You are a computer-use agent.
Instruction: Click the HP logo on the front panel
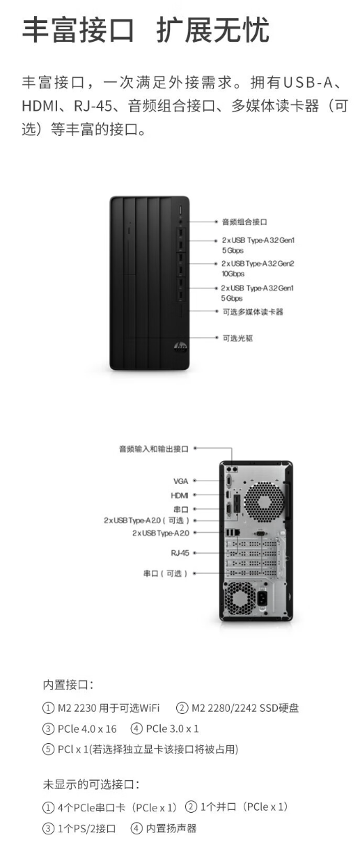click(180, 347)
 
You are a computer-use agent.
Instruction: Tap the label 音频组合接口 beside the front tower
click(244, 221)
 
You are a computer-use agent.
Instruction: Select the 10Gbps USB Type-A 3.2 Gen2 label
click(258, 268)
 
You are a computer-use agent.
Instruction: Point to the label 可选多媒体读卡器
click(253, 312)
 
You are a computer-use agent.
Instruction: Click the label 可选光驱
click(237, 338)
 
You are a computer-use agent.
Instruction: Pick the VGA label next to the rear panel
click(181, 481)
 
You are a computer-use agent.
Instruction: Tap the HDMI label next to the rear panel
click(180, 495)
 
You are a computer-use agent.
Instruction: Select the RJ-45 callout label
click(180, 552)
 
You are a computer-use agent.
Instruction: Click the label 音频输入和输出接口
click(154, 449)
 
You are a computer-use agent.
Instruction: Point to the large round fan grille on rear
click(264, 501)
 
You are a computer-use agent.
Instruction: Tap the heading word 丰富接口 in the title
click(78, 30)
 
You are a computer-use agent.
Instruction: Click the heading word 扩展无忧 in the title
click(213, 30)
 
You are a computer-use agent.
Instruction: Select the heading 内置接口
click(68, 685)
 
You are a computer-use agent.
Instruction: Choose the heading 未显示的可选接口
click(91, 784)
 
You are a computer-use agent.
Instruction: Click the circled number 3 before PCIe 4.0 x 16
click(48, 729)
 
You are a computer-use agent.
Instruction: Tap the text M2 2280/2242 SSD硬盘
click(245, 708)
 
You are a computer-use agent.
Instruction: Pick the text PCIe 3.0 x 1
click(173, 729)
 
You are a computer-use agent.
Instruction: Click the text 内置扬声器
click(171, 828)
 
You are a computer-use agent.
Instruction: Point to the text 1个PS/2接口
click(87, 828)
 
